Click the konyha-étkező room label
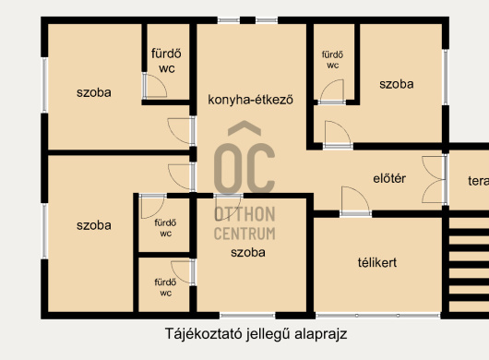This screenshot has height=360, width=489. [x=250, y=100]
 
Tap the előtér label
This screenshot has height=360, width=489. [x=389, y=178]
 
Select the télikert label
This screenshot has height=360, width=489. [x=377, y=262]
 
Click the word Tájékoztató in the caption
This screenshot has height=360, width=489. [x=204, y=334]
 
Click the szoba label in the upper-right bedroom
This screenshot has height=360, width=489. [x=397, y=84]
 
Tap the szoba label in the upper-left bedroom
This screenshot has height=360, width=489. [x=94, y=92]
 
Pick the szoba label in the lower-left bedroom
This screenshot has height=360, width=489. [x=94, y=225]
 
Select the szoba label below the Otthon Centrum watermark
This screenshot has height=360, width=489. [x=248, y=252]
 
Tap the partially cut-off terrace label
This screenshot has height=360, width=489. [x=479, y=181]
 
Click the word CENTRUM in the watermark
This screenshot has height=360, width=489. [x=244, y=234]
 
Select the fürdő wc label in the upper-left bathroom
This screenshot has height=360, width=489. [x=166, y=61]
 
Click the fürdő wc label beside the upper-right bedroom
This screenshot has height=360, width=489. [x=332, y=60]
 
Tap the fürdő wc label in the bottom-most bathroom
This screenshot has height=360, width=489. [x=165, y=287]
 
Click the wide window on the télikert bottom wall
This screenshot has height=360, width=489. [x=377, y=316]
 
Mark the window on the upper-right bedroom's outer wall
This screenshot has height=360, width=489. [x=446, y=77]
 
